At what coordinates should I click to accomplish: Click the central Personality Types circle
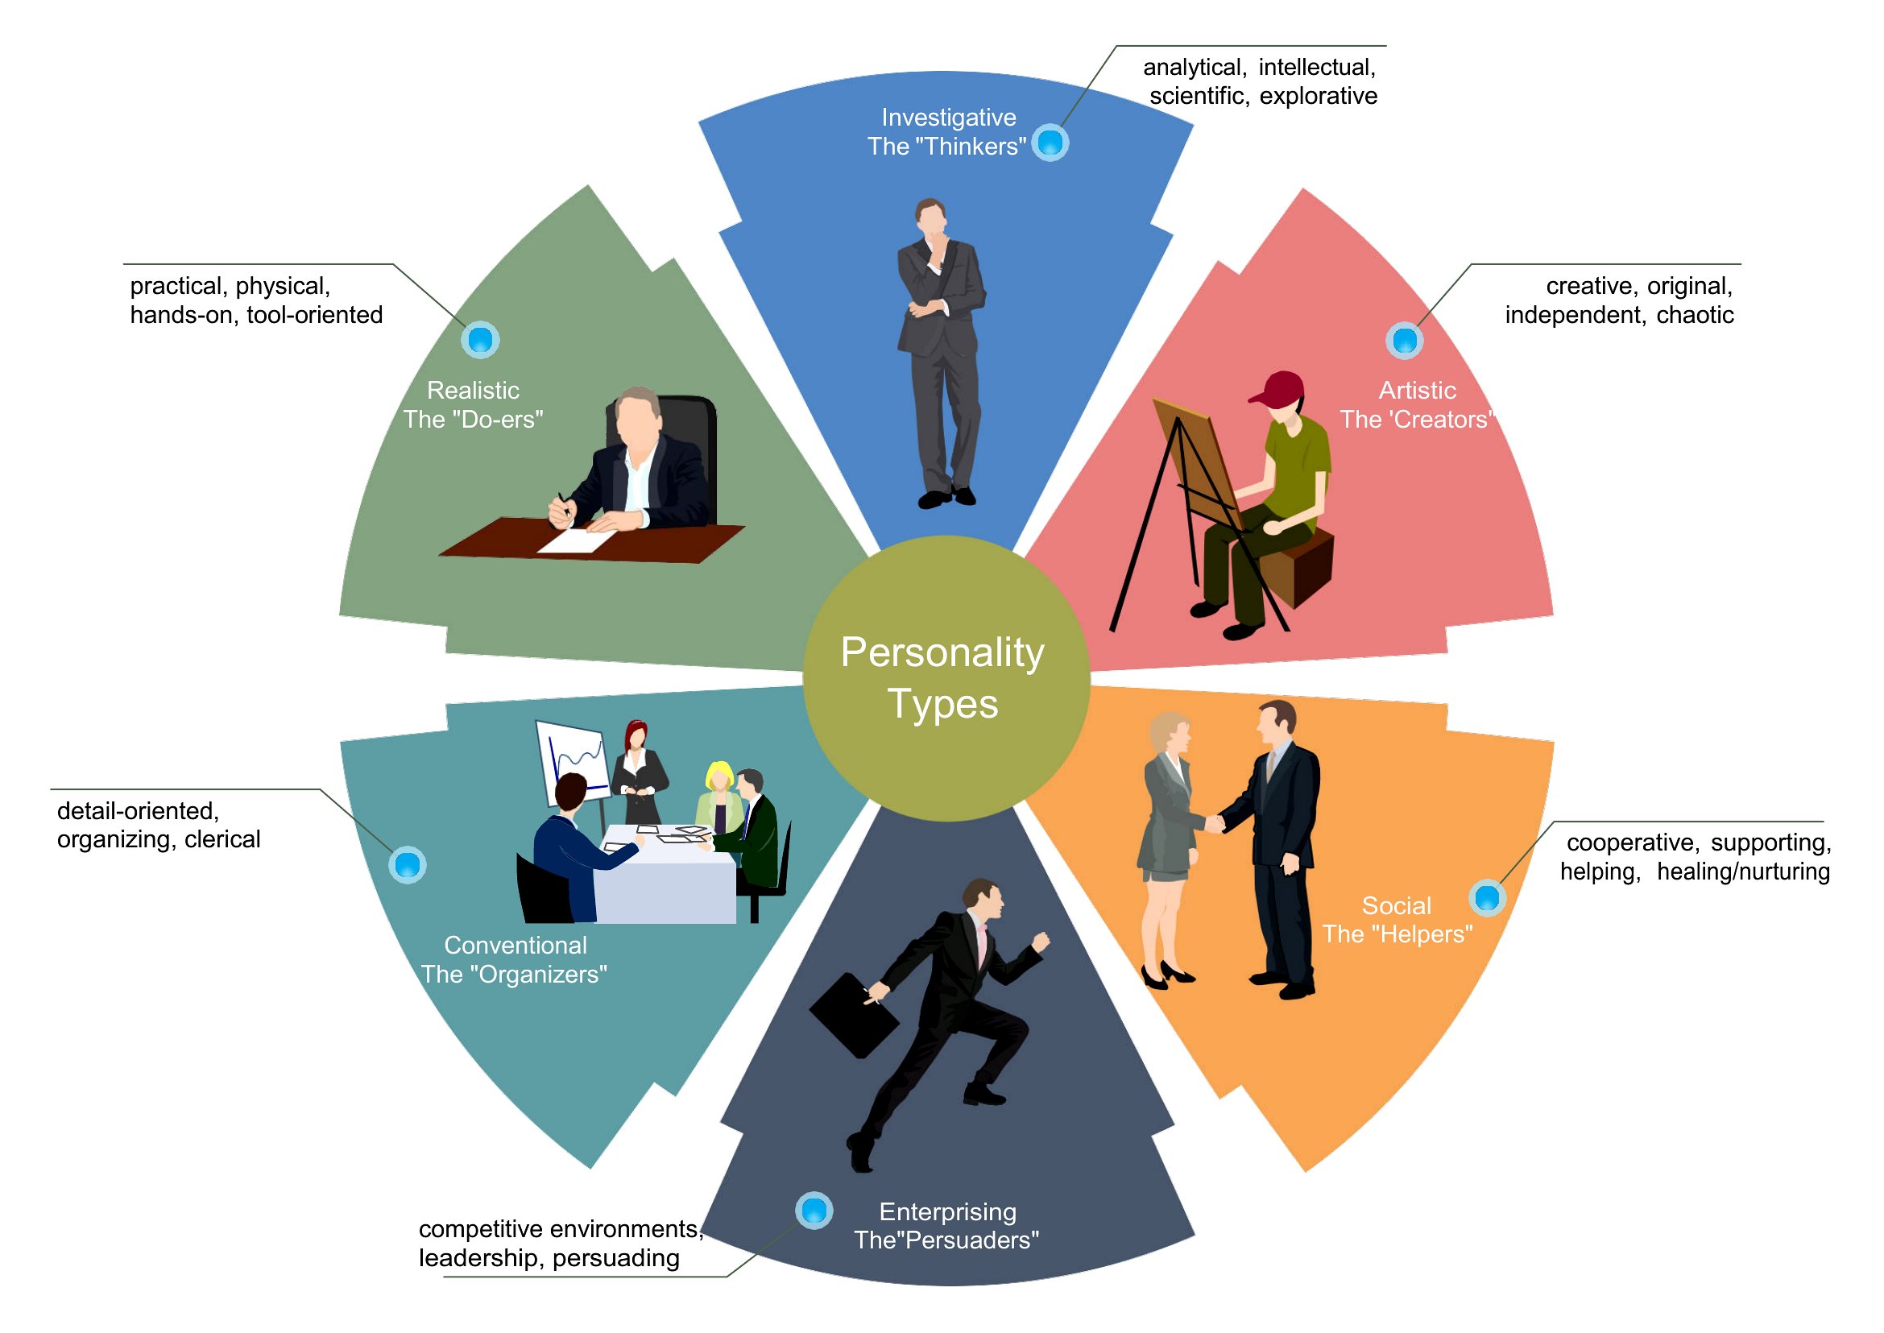pyautogui.click(x=946, y=678)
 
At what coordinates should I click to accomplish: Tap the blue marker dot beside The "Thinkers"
pyautogui.click(x=1050, y=143)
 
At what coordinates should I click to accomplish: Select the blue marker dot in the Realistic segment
pyautogui.click(x=480, y=339)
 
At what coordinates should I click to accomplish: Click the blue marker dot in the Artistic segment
pyautogui.click(x=1405, y=340)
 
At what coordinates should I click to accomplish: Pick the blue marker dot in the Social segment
pyautogui.click(x=1487, y=897)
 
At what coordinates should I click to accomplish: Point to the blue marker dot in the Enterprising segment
pyautogui.click(x=814, y=1210)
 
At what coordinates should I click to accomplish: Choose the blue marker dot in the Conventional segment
pyautogui.click(x=408, y=864)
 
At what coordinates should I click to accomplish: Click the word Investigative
pyautogui.click(x=948, y=118)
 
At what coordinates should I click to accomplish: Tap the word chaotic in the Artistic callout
pyautogui.click(x=1695, y=314)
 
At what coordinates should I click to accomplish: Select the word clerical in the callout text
pyautogui.click(x=222, y=839)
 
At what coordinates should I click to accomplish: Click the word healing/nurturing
pyautogui.click(x=1743, y=871)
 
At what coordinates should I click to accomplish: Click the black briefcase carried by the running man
pyautogui.click(x=854, y=1016)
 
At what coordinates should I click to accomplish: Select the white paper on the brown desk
pyautogui.click(x=575, y=540)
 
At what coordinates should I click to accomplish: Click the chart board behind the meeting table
pyautogui.click(x=572, y=763)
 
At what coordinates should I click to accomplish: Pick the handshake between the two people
pyautogui.click(x=1214, y=822)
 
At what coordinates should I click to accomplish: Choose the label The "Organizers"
pyautogui.click(x=514, y=975)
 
